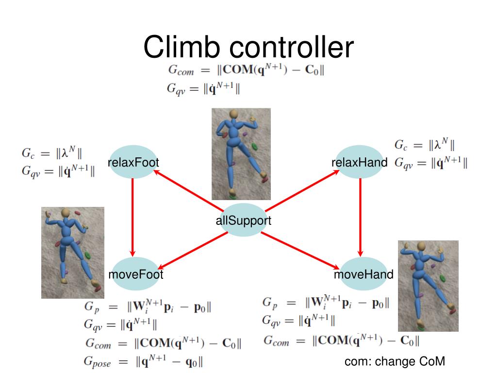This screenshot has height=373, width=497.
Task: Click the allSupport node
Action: coord(243,220)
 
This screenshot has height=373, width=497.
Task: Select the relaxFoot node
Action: coord(133,162)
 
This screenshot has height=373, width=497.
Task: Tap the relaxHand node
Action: coord(360,162)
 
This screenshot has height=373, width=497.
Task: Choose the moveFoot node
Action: coord(135,274)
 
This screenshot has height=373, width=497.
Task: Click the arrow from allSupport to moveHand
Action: coord(301,250)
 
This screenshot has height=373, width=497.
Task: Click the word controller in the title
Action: coord(291,47)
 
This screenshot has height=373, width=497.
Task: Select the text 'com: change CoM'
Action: coord(395,361)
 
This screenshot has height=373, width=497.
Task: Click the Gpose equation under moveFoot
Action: coord(144,362)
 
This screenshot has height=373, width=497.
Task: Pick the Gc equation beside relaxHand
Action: coord(425,145)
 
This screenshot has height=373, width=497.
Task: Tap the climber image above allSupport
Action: coord(241,154)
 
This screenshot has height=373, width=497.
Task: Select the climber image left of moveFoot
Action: coord(72,253)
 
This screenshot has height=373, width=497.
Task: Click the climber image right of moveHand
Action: coord(428,286)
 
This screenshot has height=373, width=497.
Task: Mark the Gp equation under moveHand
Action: coord(325,303)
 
